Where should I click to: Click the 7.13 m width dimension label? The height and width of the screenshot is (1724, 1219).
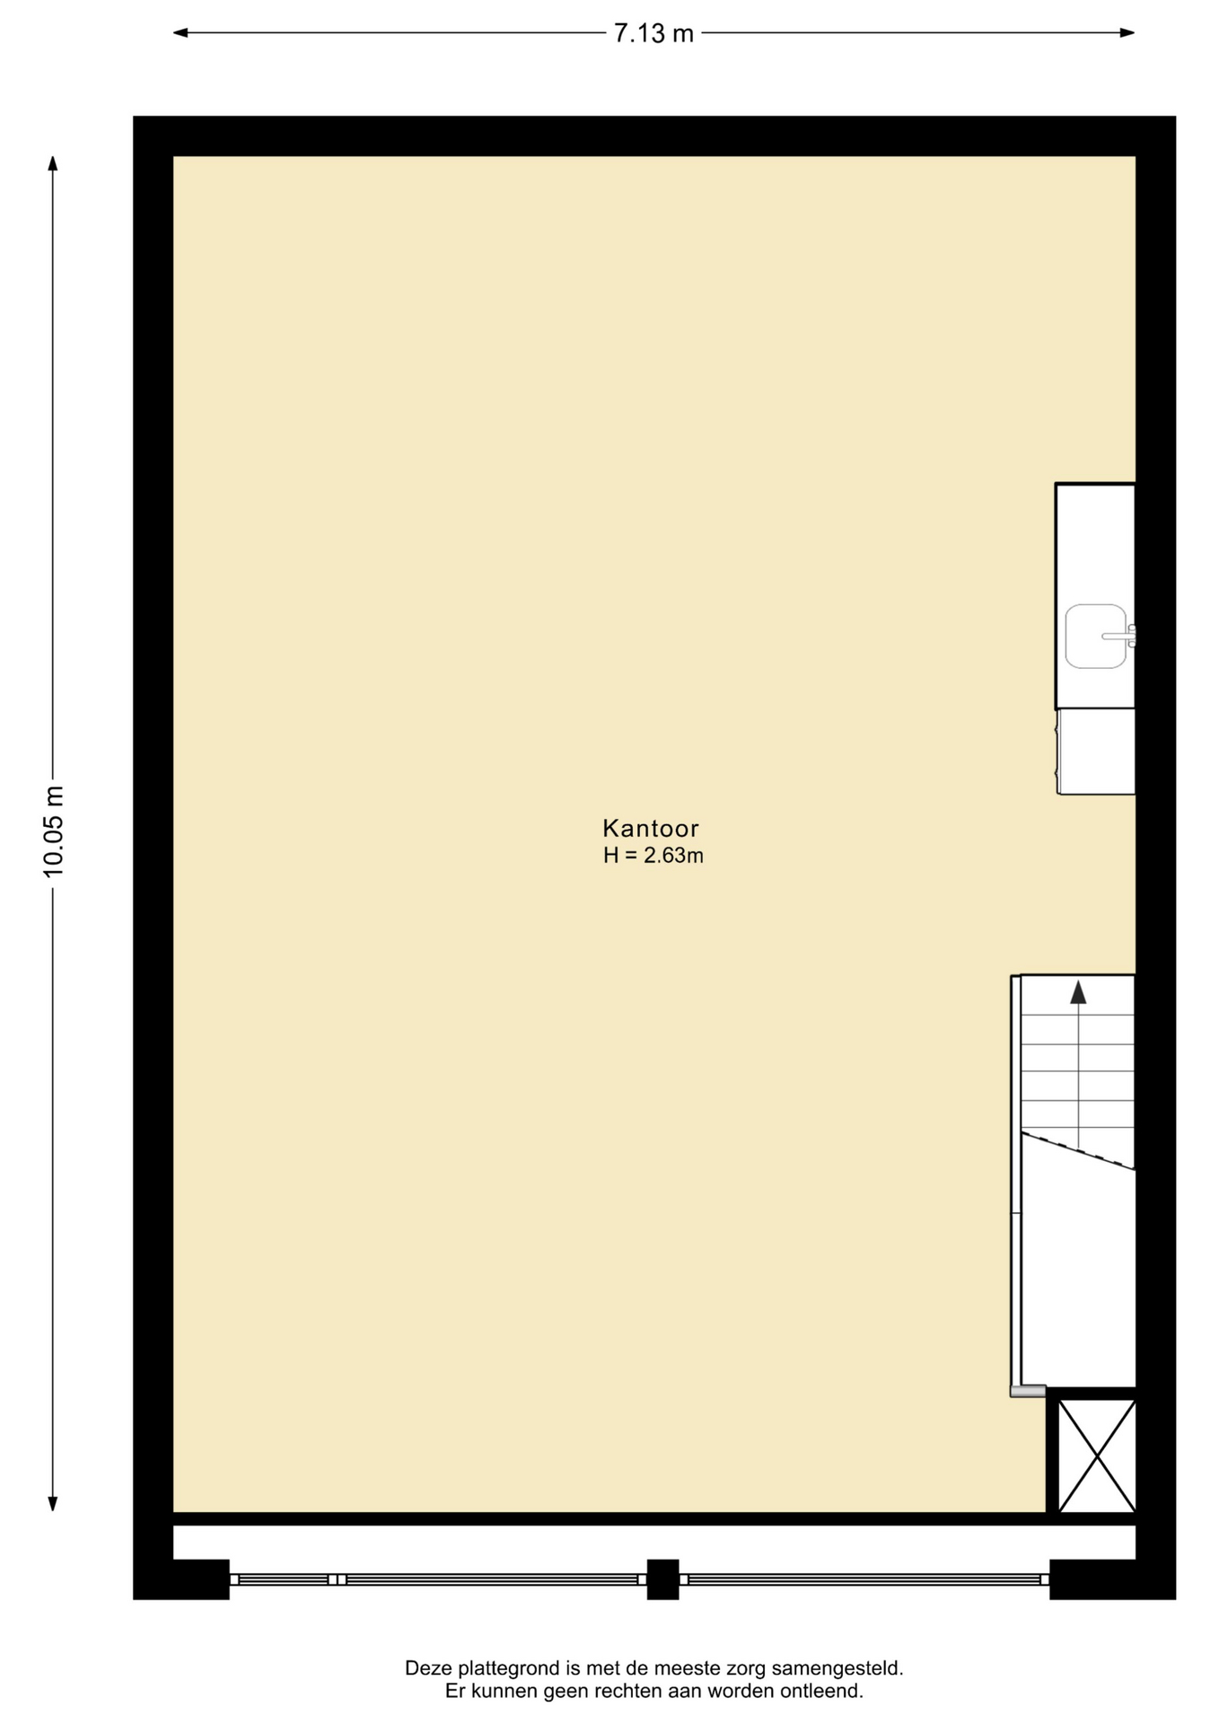[653, 33]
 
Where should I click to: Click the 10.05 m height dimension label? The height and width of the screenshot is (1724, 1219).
[54, 831]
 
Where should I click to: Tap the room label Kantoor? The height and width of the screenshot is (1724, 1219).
[651, 828]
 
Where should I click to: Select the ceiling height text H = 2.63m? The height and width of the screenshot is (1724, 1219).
[653, 856]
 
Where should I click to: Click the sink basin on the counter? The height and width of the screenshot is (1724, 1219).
[1096, 637]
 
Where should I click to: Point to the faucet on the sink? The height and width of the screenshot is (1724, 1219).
[1121, 636]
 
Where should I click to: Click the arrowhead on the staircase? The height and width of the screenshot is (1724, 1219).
[1078, 992]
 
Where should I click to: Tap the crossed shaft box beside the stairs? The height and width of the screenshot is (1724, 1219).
[1097, 1456]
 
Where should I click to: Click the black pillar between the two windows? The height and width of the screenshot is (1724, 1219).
[662, 1579]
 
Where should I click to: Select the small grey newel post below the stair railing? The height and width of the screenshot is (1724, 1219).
[1028, 1391]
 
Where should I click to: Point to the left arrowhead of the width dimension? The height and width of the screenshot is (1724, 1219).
[180, 33]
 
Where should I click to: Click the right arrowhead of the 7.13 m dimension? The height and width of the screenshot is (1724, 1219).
[1127, 33]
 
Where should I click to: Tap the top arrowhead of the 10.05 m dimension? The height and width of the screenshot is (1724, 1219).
[53, 163]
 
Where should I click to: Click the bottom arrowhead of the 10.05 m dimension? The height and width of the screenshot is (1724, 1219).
[53, 1504]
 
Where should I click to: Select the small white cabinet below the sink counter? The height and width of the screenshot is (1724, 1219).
[1096, 752]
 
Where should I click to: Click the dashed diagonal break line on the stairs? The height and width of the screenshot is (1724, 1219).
[1078, 1151]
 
